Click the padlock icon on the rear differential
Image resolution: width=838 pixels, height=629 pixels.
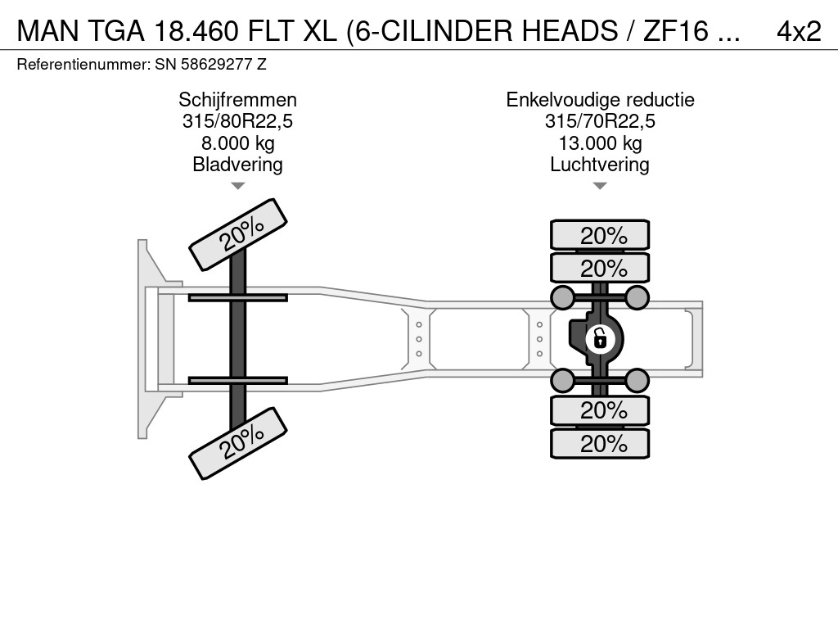point(600,337)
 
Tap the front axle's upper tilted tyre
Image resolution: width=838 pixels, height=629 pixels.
point(238,234)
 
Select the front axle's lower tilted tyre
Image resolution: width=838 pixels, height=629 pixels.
point(238,443)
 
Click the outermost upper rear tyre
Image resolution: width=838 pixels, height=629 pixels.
point(600,235)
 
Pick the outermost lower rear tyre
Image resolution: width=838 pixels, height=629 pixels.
point(600,444)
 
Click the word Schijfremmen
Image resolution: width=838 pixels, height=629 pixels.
point(237,100)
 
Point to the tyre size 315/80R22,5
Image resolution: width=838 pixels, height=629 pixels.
point(237,122)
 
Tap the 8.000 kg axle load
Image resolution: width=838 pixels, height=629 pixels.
point(237,143)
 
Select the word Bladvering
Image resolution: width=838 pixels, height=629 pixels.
point(237,165)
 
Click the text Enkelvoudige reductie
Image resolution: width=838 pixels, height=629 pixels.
point(600,100)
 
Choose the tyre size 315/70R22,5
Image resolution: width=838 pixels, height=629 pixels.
point(600,122)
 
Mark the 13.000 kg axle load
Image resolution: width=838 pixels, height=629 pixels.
point(600,143)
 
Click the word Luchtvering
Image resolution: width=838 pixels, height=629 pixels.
point(600,165)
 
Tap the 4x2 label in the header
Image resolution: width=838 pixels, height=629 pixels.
point(798,31)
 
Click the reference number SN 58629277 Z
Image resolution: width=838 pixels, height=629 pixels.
point(210,64)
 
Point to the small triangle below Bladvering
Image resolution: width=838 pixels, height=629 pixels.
point(237,186)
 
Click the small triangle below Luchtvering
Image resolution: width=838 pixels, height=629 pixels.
point(600,186)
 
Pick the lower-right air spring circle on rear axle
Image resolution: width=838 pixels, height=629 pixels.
point(637,379)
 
